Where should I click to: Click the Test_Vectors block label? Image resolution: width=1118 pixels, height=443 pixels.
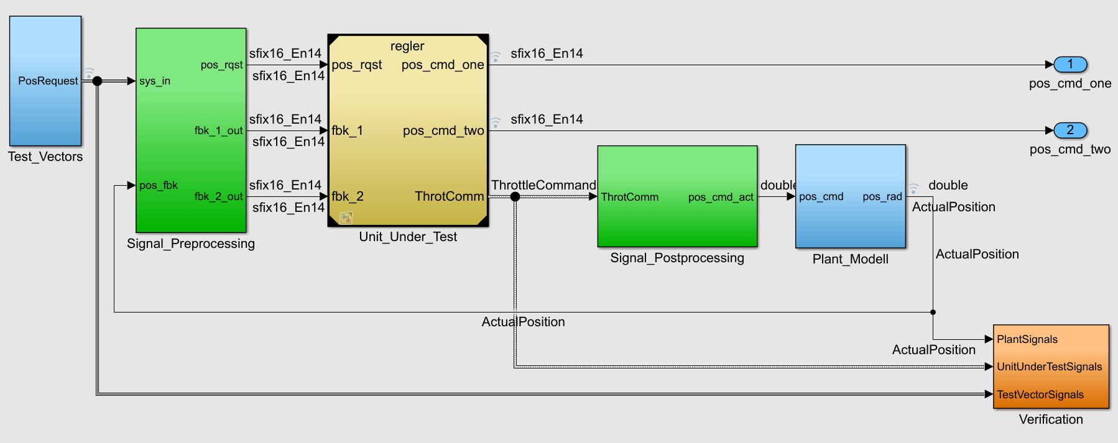45,157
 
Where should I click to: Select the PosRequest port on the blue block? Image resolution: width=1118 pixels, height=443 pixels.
48,81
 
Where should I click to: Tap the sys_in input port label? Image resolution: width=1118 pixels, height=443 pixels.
155,81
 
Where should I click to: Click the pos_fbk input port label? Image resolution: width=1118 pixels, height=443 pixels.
159,185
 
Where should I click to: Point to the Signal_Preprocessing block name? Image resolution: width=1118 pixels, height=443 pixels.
191,244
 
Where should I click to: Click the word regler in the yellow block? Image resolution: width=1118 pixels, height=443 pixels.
407,46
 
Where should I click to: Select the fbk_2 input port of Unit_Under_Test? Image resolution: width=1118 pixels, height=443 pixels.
348,196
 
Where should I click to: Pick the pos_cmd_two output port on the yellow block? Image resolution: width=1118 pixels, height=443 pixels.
443,130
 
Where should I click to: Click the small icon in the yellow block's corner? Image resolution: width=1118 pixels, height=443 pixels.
346,217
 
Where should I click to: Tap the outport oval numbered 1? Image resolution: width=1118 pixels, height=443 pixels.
1070,64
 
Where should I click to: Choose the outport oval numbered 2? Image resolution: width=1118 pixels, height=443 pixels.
1070,130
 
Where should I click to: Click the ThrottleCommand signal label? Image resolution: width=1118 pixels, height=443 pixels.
543,185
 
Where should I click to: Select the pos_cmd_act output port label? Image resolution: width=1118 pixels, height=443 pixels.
721,197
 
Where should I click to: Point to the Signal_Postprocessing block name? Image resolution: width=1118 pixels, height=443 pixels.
677,258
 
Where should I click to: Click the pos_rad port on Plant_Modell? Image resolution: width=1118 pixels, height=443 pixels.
882,196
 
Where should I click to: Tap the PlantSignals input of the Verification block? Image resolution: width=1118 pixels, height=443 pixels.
1027,339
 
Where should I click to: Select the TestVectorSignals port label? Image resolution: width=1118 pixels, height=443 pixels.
1040,395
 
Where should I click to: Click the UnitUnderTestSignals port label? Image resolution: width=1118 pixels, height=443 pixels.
1050,367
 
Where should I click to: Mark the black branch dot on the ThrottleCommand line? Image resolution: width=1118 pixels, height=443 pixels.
515,197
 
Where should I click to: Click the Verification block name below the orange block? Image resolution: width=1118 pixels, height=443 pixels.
1051,419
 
